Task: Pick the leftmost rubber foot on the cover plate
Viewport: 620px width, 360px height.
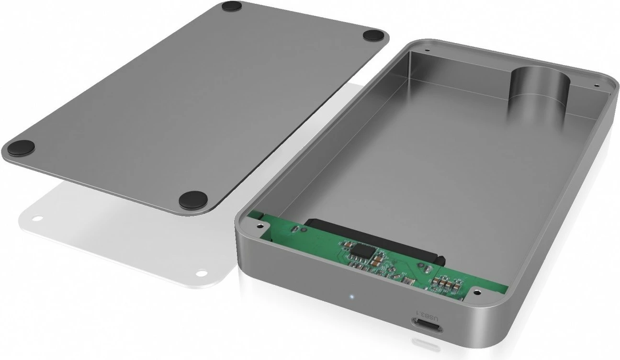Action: pos(21,146)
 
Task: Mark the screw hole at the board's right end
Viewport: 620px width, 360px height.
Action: pos(477,290)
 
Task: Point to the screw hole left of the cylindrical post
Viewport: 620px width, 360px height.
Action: pos(426,48)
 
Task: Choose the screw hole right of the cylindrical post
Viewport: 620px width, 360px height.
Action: pos(596,85)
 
